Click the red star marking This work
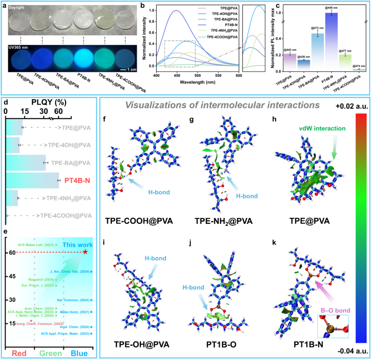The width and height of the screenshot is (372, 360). tap(85, 252)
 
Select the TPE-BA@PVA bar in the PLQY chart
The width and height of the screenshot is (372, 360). tap(26, 162)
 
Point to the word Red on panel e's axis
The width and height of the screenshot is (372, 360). tap(20, 353)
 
